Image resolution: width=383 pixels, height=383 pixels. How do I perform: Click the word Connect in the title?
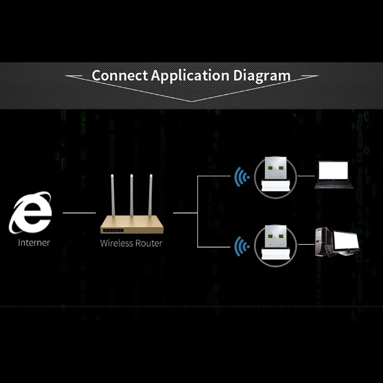point(120,76)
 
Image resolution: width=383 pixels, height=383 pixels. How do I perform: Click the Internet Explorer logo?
point(30,213)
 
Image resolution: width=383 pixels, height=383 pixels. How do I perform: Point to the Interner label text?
point(34,242)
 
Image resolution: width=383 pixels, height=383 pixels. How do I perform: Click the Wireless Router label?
point(131,243)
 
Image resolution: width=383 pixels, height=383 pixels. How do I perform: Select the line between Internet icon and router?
point(79,212)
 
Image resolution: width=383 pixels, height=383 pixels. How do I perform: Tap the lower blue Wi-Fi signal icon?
point(242,247)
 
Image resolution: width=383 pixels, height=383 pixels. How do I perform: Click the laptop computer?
point(334,175)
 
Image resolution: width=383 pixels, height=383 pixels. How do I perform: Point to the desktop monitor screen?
point(345,241)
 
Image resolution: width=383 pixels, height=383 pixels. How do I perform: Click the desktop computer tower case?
point(322,243)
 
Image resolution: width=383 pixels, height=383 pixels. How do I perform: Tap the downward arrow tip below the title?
point(191,101)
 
